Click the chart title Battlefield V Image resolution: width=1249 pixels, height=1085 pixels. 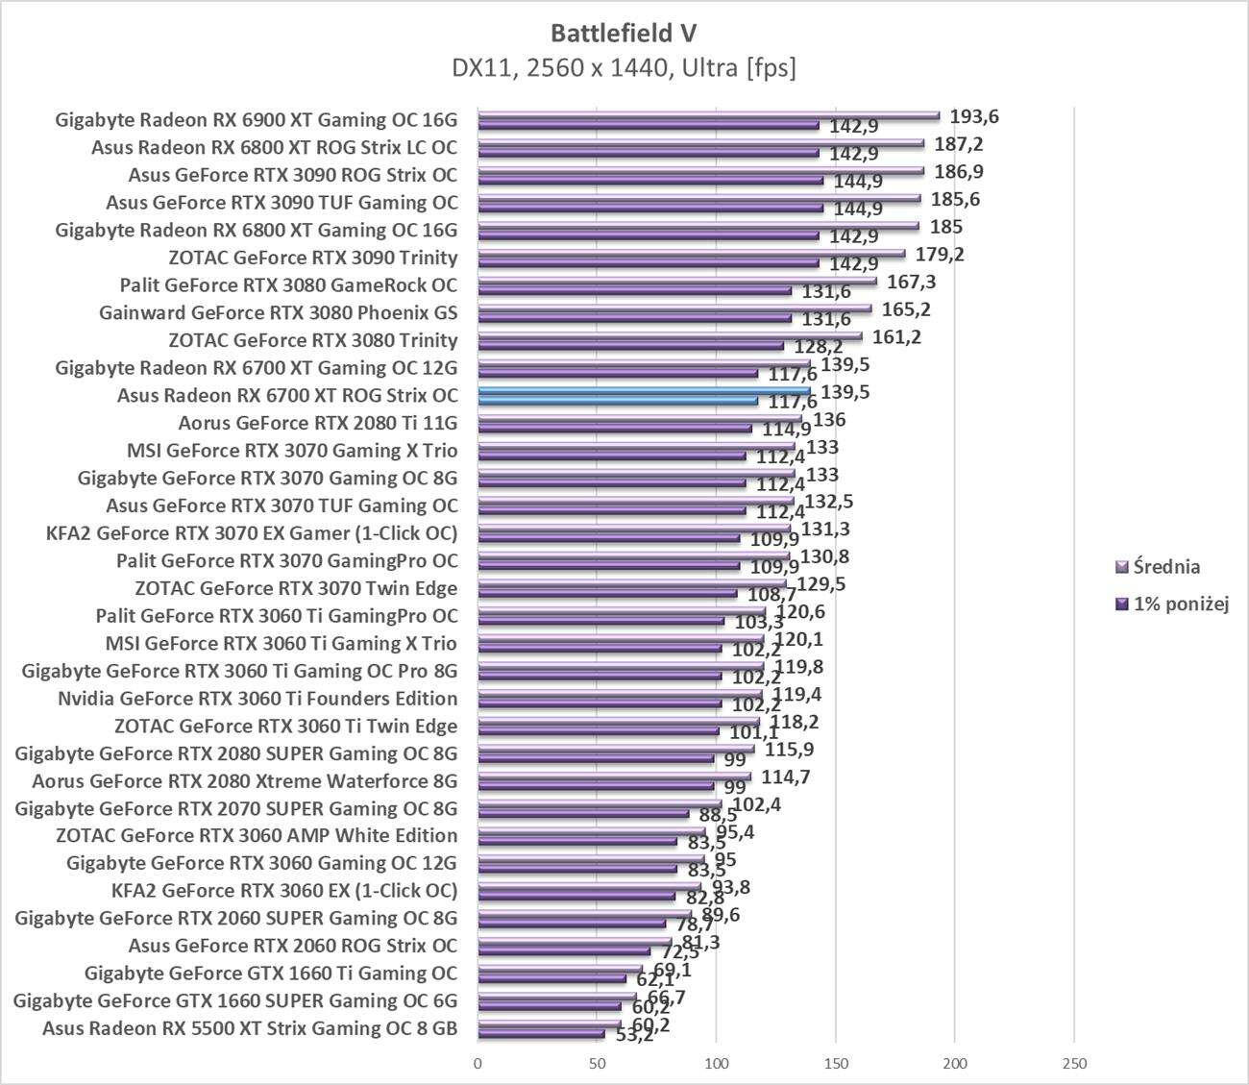pyautogui.click(x=624, y=33)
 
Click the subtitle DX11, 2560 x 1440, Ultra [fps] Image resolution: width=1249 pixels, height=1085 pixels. pyautogui.click(x=624, y=68)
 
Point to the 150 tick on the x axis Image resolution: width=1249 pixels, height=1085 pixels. pyautogui.click(x=835, y=1063)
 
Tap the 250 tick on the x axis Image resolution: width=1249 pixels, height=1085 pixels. pyautogui.click(x=1074, y=1063)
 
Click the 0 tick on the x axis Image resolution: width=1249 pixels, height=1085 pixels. pyautogui.click(x=478, y=1063)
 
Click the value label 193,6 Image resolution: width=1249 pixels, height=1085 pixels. pyautogui.click(x=974, y=117)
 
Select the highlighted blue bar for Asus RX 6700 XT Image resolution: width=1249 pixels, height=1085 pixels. pyautogui.click(x=644, y=391)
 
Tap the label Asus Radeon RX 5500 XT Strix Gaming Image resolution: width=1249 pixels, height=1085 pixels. pyautogui.click(x=250, y=1028)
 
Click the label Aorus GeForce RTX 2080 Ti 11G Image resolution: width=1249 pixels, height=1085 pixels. pyautogui.click(x=318, y=423)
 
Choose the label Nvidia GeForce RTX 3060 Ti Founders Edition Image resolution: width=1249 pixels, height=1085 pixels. pyautogui.click(x=257, y=699)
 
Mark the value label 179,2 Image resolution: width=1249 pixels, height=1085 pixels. pyautogui.click(x=940, y=255)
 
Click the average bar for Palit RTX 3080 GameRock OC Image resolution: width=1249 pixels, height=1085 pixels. pyautogui.click(x=676, y=282)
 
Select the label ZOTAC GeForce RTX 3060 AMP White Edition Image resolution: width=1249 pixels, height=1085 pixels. pyautogui.click(x=257, y=835)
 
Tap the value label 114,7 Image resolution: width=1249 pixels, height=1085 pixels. pyautogui.click(x=785, y=777)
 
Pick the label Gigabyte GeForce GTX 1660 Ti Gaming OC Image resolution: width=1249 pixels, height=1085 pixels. pyautogui.click(x=271, y=973)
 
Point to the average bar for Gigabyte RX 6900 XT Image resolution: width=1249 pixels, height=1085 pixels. pyautogui.click(x=708, y=116)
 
